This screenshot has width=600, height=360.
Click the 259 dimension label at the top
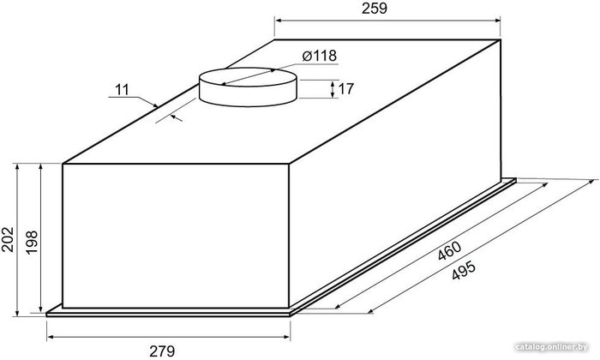click(375, 9)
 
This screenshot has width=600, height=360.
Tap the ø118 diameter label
click(320, 56)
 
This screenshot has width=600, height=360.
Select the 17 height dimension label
click(346, 89)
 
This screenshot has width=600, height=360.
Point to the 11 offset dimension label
click(122, 90)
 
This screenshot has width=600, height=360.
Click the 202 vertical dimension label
click(8, 239)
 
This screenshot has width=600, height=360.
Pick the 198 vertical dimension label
click(31, 242)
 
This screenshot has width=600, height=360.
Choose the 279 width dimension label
click(162, 351)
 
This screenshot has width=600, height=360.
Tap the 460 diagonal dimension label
click(450, 251)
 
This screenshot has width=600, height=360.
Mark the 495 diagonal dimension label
click(464, 270)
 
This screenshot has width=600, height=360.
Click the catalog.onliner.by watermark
click(551, 347)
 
